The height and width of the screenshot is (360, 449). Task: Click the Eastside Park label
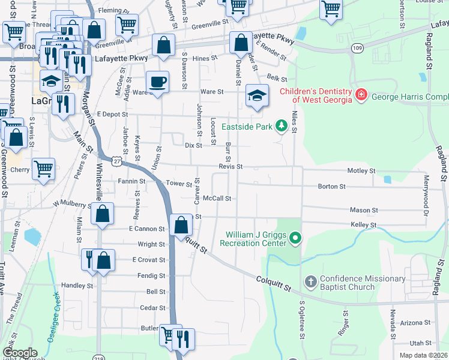[x=247, y=126]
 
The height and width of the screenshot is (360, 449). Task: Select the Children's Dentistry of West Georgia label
[x=316, y=95]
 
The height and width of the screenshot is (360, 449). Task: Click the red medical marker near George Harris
[x=361, y=95]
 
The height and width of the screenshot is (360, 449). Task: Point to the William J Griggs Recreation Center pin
[x=294, y=239]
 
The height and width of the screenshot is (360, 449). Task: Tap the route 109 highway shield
[x=358, y=47]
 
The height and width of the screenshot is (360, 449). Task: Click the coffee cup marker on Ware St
[x=158, y=82]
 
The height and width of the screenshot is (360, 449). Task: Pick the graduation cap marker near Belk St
[x=256, y=95]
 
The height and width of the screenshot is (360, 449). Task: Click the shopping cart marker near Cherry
[x=43, y=170]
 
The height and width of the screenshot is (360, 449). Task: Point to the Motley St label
[x=361, y=171]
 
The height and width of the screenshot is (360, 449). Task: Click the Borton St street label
[x=331, y=187]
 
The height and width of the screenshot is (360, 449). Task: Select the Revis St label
[x=230, y=166]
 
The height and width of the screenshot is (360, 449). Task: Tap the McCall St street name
[x=217, y=198]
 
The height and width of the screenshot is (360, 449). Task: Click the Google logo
[x=20, y=353]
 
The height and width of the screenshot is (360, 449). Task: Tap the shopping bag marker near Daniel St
[x=240, y=43]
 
